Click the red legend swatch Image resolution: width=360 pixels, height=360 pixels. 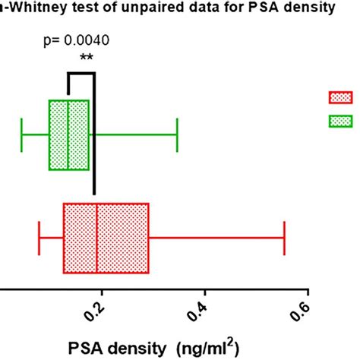pos(340,96)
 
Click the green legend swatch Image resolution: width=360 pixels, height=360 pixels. pos(340,120)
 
